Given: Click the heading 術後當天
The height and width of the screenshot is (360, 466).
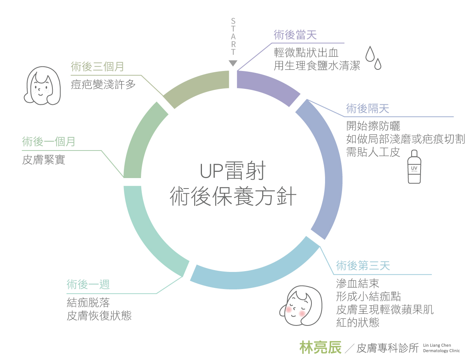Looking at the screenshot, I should (295, 35).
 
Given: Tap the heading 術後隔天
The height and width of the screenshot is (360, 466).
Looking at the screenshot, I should (367, 109).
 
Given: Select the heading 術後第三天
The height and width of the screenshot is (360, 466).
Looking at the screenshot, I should (363, 266).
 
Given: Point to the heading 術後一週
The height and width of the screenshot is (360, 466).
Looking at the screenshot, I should (88, 284).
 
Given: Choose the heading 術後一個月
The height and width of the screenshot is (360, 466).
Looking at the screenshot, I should (49, 142).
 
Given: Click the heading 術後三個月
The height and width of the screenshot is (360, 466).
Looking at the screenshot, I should (97, 66).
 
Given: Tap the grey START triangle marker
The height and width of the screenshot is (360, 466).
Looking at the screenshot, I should (233, 63).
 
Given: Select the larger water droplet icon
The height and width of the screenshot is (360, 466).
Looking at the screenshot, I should (371, 53).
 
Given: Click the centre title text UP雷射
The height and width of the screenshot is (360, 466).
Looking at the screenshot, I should (233, 171).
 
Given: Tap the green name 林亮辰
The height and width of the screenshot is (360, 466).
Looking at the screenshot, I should (320, 348).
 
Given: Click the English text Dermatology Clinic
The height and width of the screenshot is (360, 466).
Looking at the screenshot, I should (442, 351).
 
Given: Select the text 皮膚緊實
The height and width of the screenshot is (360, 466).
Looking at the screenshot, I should (43, 159).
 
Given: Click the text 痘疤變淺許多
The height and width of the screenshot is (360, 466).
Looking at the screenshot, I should (103, 84).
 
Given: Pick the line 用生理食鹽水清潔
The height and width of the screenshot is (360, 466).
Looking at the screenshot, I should (317, 66).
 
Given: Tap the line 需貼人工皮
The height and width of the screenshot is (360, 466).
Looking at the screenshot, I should (373, 152).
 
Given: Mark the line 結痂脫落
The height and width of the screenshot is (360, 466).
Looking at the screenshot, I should (88, 302).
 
